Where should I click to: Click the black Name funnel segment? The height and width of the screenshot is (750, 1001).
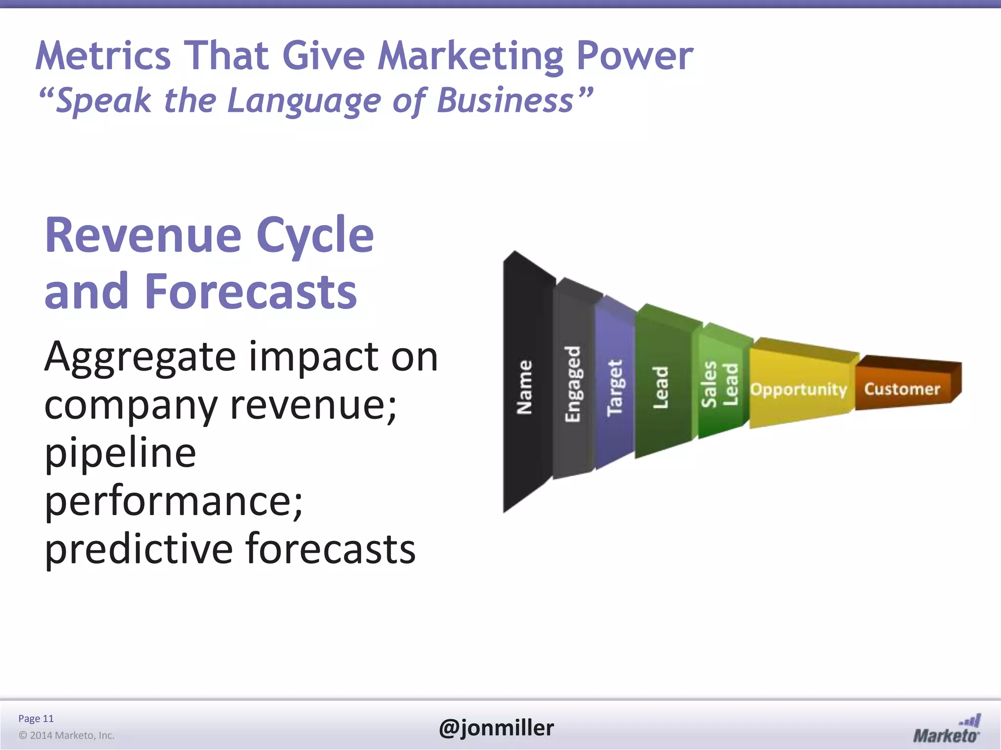point(525,386)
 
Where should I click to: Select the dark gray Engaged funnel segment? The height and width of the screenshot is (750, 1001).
point(573,383)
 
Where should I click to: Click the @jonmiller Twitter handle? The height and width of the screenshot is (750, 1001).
point(497,728)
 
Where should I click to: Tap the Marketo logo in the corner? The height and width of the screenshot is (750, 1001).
point(946,730)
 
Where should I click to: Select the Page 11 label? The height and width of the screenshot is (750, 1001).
point(36,718)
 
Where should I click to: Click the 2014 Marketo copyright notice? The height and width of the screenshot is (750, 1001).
point(66,735)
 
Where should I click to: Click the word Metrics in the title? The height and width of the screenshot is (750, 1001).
point(103,55)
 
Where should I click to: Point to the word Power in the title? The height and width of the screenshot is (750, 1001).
point(635,55)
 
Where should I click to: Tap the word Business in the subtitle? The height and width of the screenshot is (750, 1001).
point(505,101)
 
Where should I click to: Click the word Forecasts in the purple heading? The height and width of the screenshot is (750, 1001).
point(251,292)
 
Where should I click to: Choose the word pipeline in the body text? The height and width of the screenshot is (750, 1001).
point(120,454)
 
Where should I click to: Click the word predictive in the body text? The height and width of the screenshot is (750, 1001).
point(138,549)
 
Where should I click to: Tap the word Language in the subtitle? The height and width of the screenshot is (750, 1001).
point(304,101)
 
